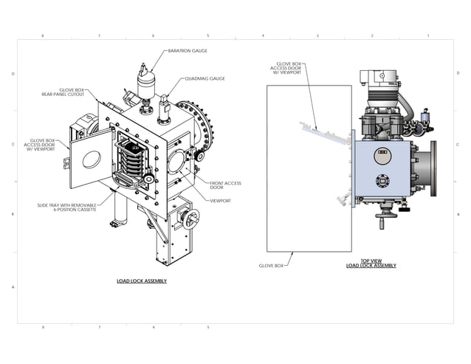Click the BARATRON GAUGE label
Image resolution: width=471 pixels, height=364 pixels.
188,51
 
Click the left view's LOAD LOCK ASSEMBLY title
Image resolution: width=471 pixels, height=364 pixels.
142,281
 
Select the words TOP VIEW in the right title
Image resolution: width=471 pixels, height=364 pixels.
371,261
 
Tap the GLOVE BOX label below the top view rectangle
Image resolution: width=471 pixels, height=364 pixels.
271,265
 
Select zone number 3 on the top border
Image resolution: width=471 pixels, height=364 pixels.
317,35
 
